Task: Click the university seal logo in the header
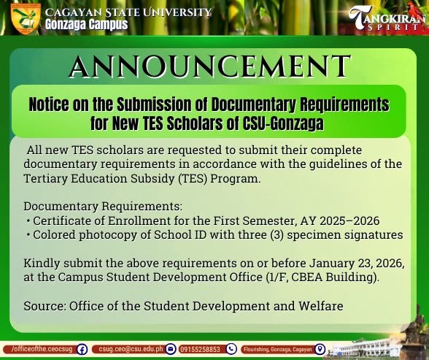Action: tap(26, 19)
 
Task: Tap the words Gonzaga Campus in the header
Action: tap(86, 24)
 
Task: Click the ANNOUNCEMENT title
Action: tap(210, 66)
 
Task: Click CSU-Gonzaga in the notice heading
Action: tap(283, 123)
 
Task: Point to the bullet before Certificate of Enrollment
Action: tap(28, 221)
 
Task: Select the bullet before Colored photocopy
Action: tap(28, 235)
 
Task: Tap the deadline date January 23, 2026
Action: tap(357, 264)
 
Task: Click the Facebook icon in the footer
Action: tap(82, 350)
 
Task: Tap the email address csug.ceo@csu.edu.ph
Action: tap(131, 349)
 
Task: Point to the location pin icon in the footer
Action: tap(320, 349)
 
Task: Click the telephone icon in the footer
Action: tap(231, 349)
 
